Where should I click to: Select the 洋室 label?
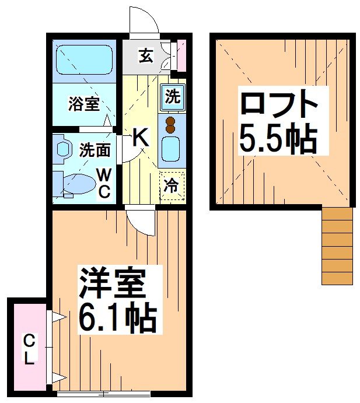tap(111, 283)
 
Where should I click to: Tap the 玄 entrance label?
tap(146, 57)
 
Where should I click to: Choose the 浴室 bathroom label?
tap(83, 104)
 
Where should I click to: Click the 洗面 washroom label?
tap(94, 149)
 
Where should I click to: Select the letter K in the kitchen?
tap(141, 138)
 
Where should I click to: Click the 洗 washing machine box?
tap(172, 97)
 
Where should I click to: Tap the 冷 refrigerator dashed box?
tap(172, 186)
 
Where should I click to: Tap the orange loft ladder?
tap(337, 246)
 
